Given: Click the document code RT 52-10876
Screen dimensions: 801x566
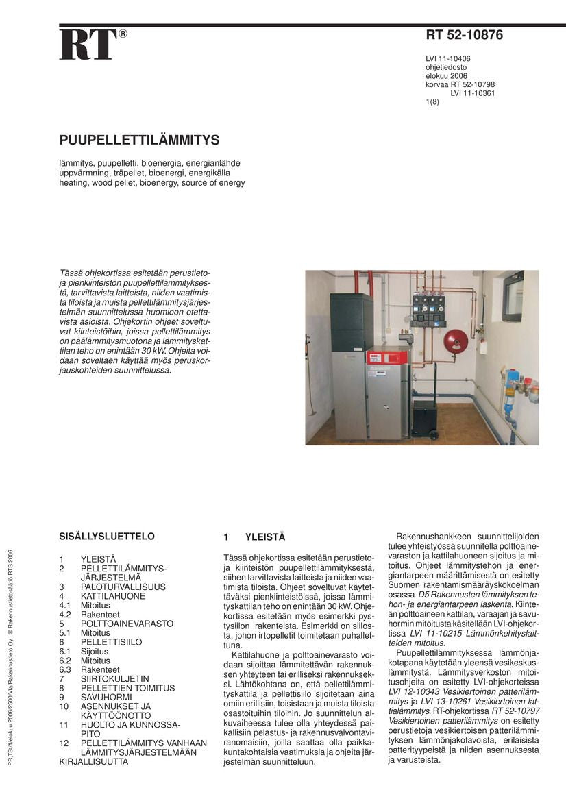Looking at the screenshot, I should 464,36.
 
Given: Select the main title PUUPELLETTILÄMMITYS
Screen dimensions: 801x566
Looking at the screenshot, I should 139,140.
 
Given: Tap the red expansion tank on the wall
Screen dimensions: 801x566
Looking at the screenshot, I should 455,341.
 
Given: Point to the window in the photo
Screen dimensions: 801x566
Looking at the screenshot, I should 513,297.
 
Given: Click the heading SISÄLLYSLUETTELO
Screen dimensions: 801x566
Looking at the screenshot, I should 107,537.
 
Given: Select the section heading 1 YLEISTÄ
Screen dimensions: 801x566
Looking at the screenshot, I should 254,537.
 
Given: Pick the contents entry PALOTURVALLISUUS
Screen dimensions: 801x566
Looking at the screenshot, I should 123,587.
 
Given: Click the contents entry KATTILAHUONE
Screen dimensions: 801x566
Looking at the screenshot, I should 112,596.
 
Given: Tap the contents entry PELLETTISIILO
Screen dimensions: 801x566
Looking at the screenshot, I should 111,642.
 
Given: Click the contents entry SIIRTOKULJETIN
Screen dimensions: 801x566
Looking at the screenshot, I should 114,679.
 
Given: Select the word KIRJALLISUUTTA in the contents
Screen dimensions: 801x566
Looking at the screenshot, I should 93,761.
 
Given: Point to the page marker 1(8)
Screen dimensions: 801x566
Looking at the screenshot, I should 432,102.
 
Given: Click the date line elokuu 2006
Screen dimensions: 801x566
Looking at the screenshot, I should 446,76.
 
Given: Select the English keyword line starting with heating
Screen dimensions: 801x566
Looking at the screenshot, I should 151,183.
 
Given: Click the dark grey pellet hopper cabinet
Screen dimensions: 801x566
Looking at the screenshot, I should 351,322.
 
